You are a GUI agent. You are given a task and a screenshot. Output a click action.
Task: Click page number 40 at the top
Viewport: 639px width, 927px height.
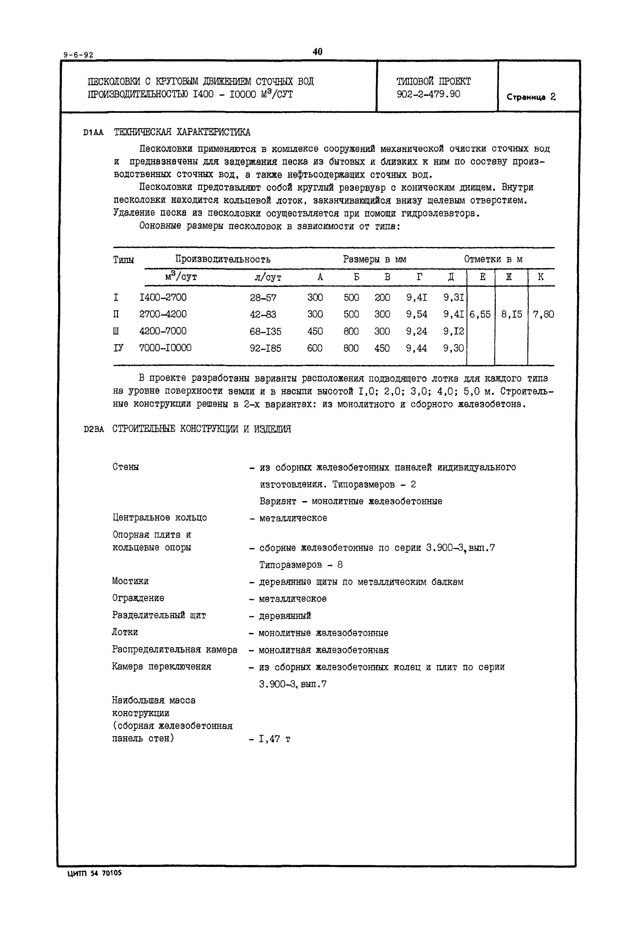(x=318, y=52)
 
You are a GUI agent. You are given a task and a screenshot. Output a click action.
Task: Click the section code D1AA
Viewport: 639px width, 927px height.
(x=93, y=133)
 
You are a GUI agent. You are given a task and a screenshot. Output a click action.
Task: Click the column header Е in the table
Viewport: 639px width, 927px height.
(x=482, y=277)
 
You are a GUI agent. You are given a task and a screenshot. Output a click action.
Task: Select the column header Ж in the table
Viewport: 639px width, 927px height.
(x=509, y=277)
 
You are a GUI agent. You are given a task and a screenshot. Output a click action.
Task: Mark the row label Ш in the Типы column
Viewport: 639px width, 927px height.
(x=116, y=331)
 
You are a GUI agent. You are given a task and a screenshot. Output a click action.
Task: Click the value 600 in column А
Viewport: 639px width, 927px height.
(x=315, y=348)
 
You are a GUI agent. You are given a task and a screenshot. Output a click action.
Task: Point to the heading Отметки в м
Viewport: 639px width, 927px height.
(x=493, y=259)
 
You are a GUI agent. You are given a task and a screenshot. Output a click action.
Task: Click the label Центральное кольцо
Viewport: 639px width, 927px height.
(x=159, y=518)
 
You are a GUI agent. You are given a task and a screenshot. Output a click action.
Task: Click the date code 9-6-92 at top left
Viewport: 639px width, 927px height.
(x=78, y=55)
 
